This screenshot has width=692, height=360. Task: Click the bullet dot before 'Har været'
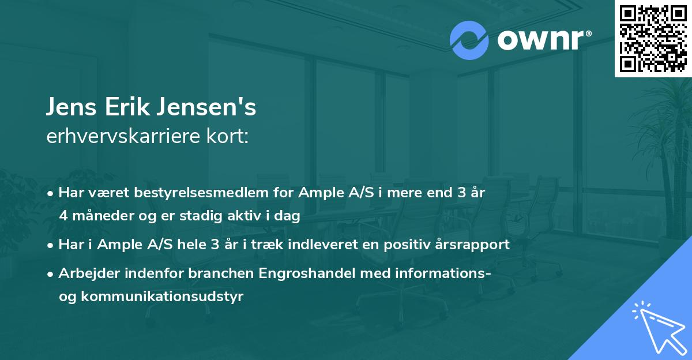click(x=51, y=193)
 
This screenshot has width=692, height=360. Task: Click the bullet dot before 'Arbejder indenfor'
click(x=51, y=274)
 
